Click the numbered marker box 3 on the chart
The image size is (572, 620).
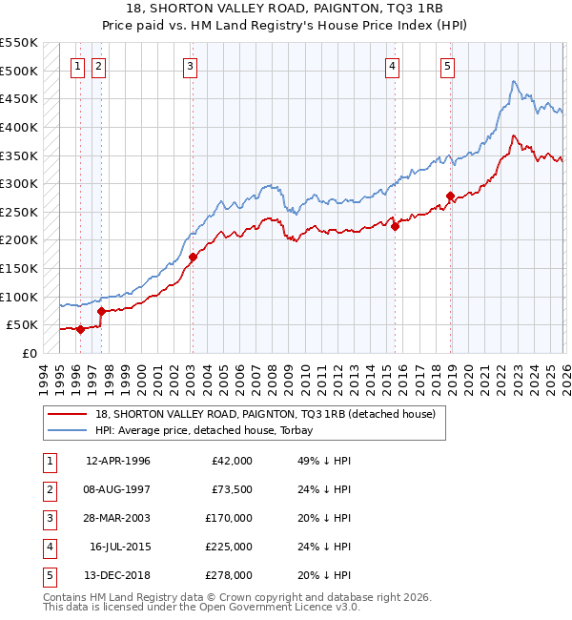point(191,66)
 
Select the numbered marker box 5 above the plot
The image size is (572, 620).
point(447,66)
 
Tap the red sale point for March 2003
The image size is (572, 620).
point(193,257)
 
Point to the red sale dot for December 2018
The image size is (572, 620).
point(450,196)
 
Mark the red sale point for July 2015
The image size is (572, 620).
point(395,226)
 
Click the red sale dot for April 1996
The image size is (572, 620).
point(80,329)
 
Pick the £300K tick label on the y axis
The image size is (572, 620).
point(19,183)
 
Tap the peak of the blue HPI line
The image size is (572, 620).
point(513,82)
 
